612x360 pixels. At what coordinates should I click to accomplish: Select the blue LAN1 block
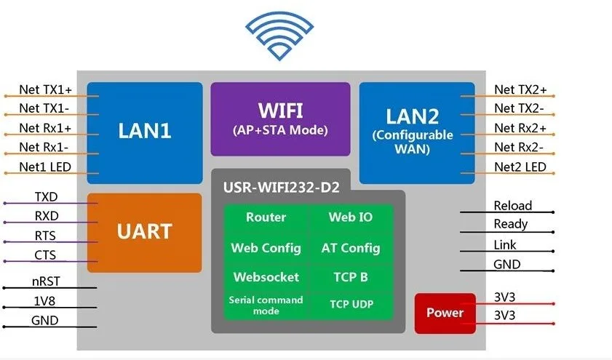(x=144, y=132)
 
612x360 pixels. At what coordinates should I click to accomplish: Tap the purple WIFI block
(x=280, y=119)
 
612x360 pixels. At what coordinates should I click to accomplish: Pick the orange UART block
(x=144, y=232)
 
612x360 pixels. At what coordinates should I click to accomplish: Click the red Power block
(x=445, y=313)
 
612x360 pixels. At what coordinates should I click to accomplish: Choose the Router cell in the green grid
(x=266, y=217)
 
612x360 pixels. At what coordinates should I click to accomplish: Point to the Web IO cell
(x=350, y=217)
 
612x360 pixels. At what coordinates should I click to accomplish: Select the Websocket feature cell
(x=266, y=277)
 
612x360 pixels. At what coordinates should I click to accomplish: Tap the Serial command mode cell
(x=266, y=304)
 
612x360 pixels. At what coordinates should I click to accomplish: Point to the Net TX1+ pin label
(x=45, y=89)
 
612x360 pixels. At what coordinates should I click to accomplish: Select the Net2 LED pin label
(x=520, y=167)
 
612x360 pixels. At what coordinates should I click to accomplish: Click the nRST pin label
(x=45, y=280)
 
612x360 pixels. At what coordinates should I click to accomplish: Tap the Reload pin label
(x=512, y=206)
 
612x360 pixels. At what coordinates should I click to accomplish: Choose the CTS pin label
(x=45, y=255)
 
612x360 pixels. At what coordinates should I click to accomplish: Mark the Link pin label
(x=504, y=245)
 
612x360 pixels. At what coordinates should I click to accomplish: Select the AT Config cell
(x=350, y=248)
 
